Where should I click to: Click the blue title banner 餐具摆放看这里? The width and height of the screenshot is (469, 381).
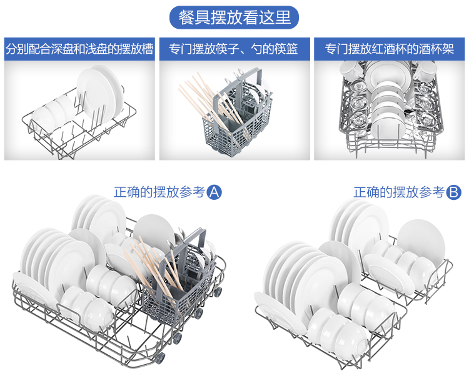point(234,17)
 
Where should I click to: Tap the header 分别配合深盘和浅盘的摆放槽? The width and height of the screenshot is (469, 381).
point(79,49)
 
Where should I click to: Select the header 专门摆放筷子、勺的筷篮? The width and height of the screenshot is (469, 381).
point(234,49)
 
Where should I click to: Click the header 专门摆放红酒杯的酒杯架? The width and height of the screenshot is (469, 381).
point(389,49)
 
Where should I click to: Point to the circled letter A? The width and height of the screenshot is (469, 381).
point(214,192)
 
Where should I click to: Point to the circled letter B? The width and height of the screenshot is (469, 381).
point(453,192)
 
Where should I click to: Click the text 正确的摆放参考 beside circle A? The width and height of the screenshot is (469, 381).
point(159,192)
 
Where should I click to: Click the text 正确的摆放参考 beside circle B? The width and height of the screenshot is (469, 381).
point(399,192)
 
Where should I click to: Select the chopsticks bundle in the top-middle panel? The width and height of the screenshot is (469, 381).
point(209,102)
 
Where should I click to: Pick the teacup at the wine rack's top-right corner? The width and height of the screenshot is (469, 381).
point(425,71)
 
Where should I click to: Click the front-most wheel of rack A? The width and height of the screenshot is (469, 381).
point(159,358)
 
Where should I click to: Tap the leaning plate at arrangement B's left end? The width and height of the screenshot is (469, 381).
point(280,313)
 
